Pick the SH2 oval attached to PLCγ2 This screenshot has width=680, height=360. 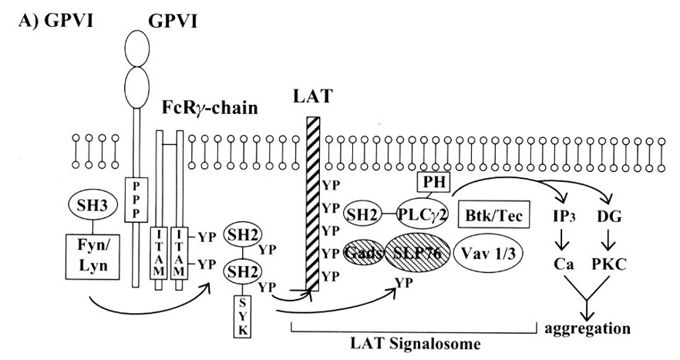[x=362, y=214]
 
